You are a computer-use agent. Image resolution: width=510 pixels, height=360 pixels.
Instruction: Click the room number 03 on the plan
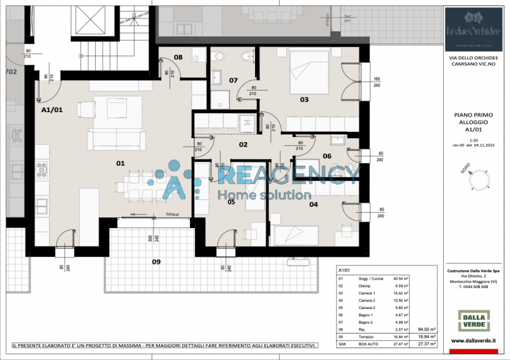coord(304,99)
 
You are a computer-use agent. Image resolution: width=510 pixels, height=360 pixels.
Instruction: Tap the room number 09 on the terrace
coord(156,261)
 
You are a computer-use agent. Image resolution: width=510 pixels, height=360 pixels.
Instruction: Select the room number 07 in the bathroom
coord(233,80)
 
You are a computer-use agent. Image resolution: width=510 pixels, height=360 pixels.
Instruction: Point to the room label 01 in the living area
coord(120,163)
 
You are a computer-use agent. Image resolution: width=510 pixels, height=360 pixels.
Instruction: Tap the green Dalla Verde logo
coord(474,320)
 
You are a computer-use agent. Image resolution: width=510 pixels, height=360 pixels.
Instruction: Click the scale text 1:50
coord(473,140)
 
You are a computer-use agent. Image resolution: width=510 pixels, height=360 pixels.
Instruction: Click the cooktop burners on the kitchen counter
coord(43,169)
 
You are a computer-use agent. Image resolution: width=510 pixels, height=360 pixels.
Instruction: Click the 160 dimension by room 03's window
coord(377,80)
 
